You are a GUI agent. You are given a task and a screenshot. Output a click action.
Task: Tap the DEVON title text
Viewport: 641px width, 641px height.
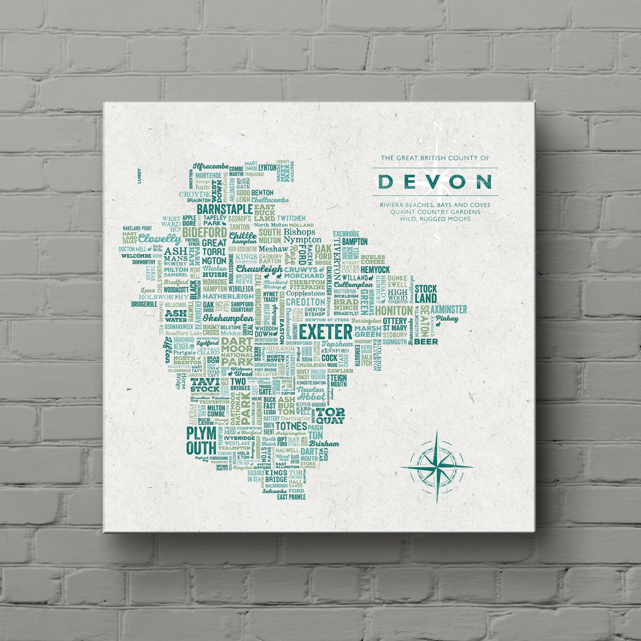tap(434, 181)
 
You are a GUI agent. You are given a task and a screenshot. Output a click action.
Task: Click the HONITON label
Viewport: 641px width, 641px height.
tap(393, 311)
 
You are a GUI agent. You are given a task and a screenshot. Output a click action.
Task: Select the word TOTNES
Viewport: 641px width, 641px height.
tap(291, 426)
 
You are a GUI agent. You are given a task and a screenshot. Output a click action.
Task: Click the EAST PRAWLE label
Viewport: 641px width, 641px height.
tap(291, 497)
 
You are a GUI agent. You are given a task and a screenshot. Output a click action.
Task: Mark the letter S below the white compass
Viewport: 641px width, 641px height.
tap(438, 237)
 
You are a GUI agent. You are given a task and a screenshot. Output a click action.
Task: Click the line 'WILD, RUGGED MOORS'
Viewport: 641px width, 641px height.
tap(434, 219)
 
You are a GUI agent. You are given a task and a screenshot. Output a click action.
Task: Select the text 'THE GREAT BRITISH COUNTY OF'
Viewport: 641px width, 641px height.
tap(434, 157)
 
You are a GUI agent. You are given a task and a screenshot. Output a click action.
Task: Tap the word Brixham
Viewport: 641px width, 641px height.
tap(324, 444)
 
